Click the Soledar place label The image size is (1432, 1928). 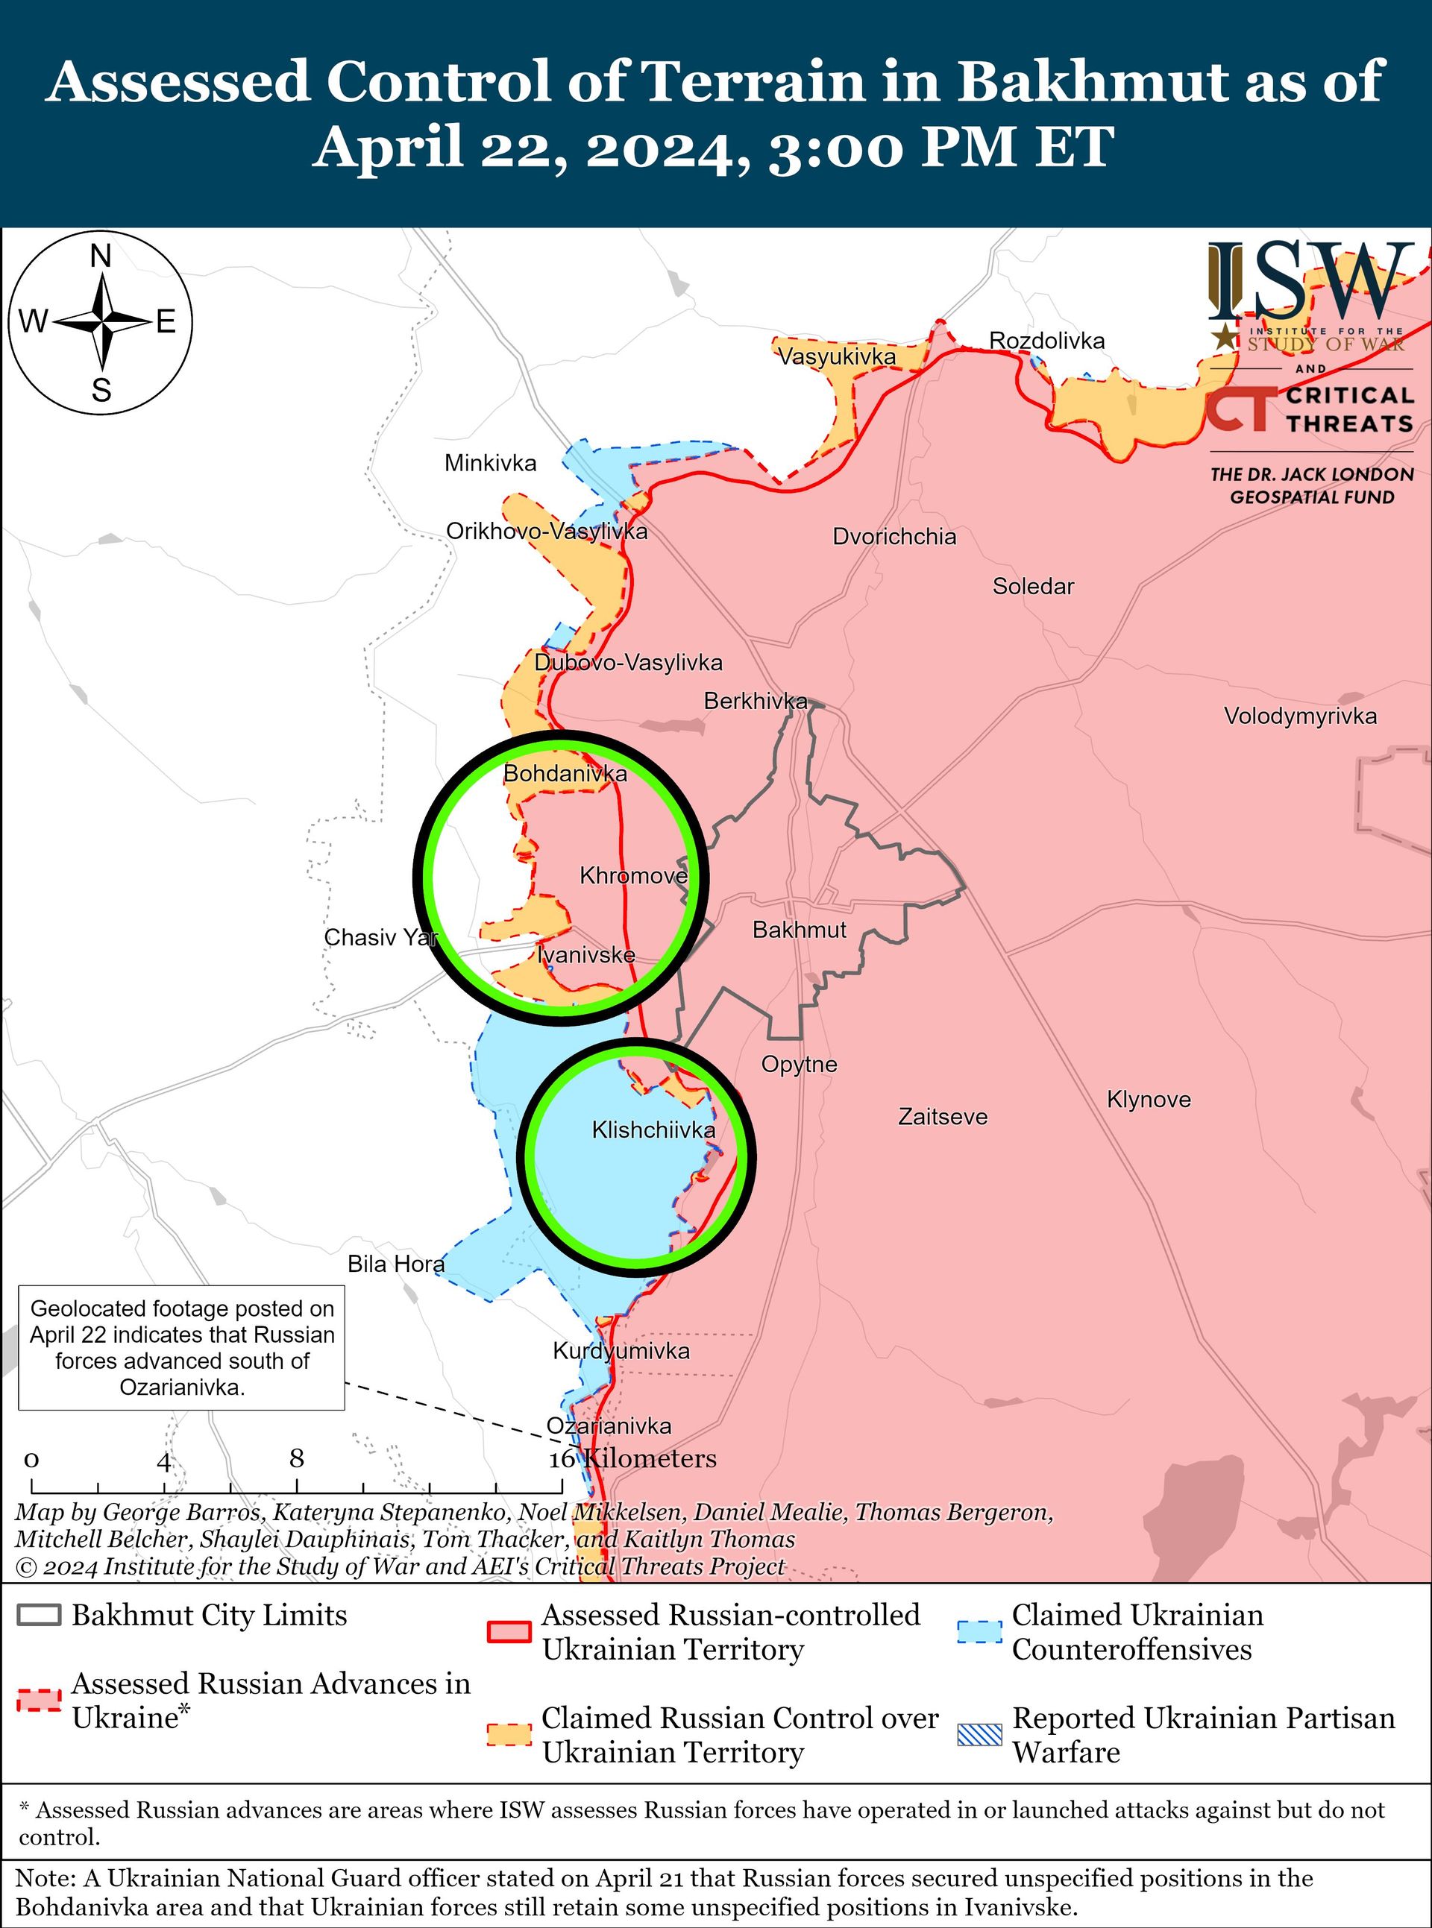pyautogui.click(x=1033, y=587)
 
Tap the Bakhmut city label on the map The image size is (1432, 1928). pyautogui.click(x=800, y=930)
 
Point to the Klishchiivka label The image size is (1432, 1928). pyautogui.click(x=653, y=1130)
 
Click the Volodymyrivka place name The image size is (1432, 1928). pyautogui.click(x=1300, y=716)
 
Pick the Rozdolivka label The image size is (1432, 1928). pyautogui.click(x=1047, y=341)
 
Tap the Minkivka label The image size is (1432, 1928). pyautogui.click(x=491, y=464)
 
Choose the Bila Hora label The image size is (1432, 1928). pyautogui.click(x=396, y=1264)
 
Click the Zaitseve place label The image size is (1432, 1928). pyautogui.click(x=942, y=1117)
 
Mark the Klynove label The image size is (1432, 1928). pyautogui.click(x=1149, y=1100)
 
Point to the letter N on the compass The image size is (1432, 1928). pyautogui.click(x=101, y=256)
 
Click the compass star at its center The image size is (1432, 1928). pyautogui.click(x=102, y=321)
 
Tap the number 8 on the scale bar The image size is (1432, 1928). pyautogui.click(x=296, y=1458)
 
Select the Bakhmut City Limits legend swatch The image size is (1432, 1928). pyautogui.click(x=39, y=1615)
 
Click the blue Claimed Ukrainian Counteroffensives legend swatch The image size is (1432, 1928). pyautogui.click(x=979, y=1632)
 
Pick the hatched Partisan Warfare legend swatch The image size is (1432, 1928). pyautogui.click(x=979, y=1735)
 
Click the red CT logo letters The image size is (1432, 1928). pyautogui.click(x=1241, y=409)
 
